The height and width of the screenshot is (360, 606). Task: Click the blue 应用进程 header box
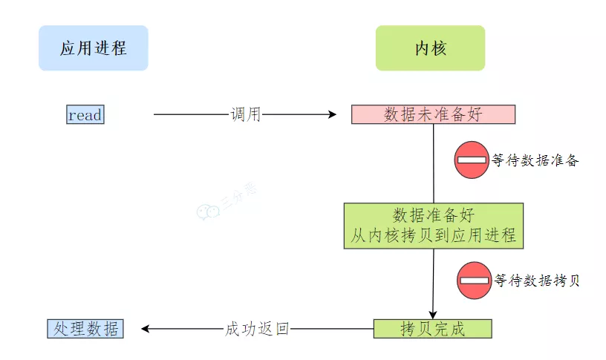(93, 48)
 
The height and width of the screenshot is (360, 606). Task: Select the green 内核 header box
(430, 48)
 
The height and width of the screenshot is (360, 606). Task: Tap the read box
(85, 115)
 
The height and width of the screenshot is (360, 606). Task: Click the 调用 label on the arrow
(245, 115)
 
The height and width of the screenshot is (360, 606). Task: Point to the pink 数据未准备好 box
(433, 114)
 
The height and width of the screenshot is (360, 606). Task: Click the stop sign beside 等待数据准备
(472, 160)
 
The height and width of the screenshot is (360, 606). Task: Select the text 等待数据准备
(535, 160)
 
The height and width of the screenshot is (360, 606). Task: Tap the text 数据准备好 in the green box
(433, 215)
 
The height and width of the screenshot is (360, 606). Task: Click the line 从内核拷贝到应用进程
(433, 236)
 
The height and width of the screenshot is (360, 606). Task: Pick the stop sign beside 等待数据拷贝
(475, 281)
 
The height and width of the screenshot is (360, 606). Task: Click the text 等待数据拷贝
(536, 281)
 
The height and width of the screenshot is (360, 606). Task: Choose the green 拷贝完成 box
(432, 329)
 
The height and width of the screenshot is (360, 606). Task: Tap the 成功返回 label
(257, 329)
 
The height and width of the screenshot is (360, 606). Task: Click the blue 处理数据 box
(85, 329)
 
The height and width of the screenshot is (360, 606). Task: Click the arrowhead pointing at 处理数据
(146, 329)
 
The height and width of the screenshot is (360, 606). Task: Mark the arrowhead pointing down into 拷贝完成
(433, 314)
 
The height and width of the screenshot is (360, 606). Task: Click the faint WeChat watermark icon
(208, 213)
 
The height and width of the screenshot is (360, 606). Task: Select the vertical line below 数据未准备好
(434, 163)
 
